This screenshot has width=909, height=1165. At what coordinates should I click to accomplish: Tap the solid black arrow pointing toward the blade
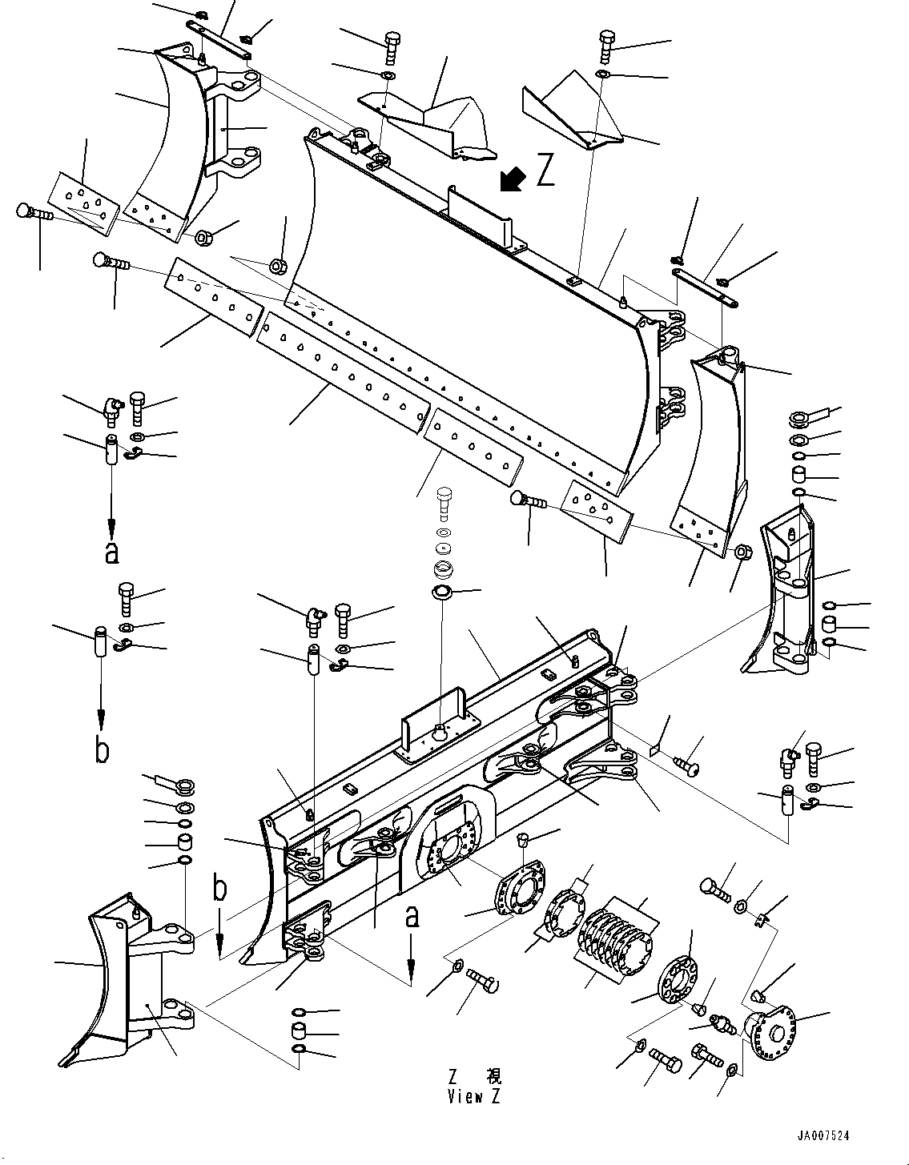coord(510,180)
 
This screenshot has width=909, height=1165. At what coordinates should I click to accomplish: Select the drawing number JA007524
coord(823,1135)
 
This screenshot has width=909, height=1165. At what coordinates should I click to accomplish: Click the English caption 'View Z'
coord(473,1097)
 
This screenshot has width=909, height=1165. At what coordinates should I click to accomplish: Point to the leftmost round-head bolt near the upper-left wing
coord(32,214)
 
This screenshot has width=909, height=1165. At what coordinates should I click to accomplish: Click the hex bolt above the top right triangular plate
coord(605,45)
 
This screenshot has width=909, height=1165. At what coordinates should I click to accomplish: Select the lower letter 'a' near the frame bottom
coord(412,916)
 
